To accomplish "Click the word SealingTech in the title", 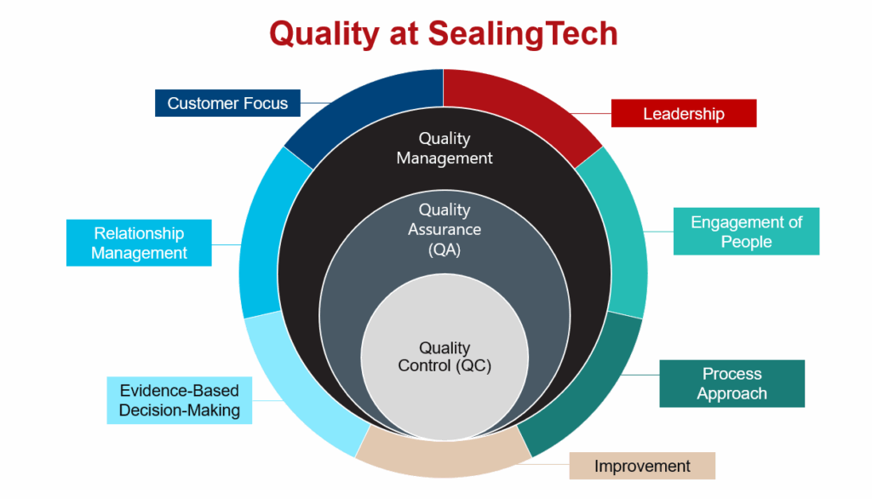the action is [523, 33].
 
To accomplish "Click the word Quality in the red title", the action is [324, 35].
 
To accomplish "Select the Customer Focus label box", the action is [227, 103].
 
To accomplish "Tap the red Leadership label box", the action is [684, 113].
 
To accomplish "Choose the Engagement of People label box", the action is [746, 232].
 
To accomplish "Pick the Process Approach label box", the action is [731, 383].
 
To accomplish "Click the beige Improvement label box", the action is [642, 466].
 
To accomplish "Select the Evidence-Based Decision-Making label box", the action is [179, 400].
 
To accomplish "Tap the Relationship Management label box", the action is [139, 243].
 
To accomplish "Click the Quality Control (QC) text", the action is [445, 357].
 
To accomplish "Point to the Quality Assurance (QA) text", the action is [445, 229].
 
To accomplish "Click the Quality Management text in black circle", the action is [445, 148].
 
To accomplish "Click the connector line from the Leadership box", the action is [591, 113].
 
